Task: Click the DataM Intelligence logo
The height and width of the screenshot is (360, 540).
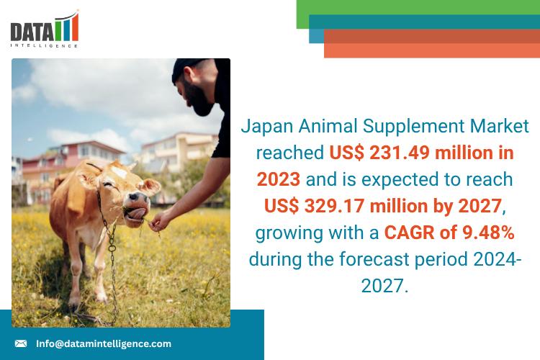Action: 45,30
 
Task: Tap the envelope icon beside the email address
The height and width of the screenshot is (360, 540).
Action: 21,343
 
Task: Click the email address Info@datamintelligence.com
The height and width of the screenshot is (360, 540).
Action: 104,343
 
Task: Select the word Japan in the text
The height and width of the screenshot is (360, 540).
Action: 264,127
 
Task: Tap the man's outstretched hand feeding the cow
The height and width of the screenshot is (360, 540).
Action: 160,220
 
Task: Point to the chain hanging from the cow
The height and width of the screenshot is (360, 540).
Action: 112,259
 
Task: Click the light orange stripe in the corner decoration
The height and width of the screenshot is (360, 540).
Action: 432,50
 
